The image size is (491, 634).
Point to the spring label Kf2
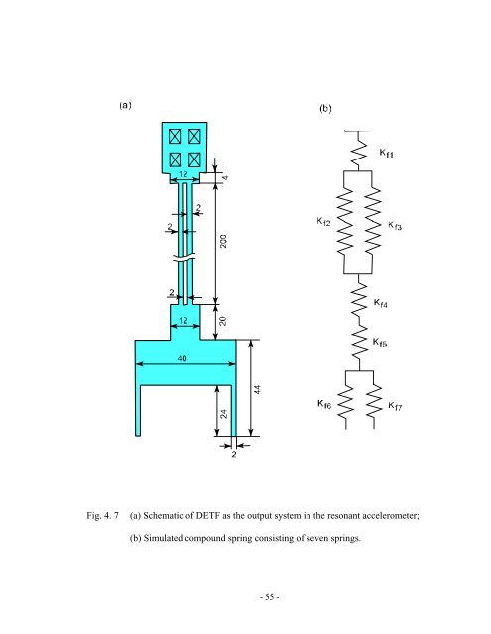point(317,222)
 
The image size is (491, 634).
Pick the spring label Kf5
point(386,342)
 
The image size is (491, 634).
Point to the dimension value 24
point(224,416)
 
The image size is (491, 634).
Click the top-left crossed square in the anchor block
point(175,135)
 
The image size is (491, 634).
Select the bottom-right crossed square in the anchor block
point(194,158)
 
